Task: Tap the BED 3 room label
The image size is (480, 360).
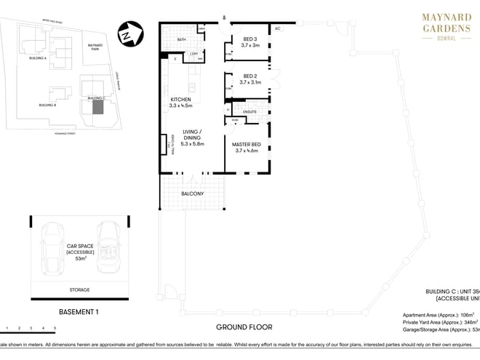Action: (249, 39)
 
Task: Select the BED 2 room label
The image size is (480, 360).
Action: (250, 76)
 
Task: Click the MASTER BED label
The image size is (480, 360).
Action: (247, 145)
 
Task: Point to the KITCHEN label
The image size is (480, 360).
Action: (180, 99)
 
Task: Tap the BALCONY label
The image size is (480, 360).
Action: (193, 193)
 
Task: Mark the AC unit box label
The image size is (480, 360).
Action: (278, 29)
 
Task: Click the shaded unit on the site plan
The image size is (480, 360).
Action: (97, 108)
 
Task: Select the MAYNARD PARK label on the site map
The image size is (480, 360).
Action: (95, 47)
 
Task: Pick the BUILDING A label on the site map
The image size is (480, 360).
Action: (36, 57)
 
